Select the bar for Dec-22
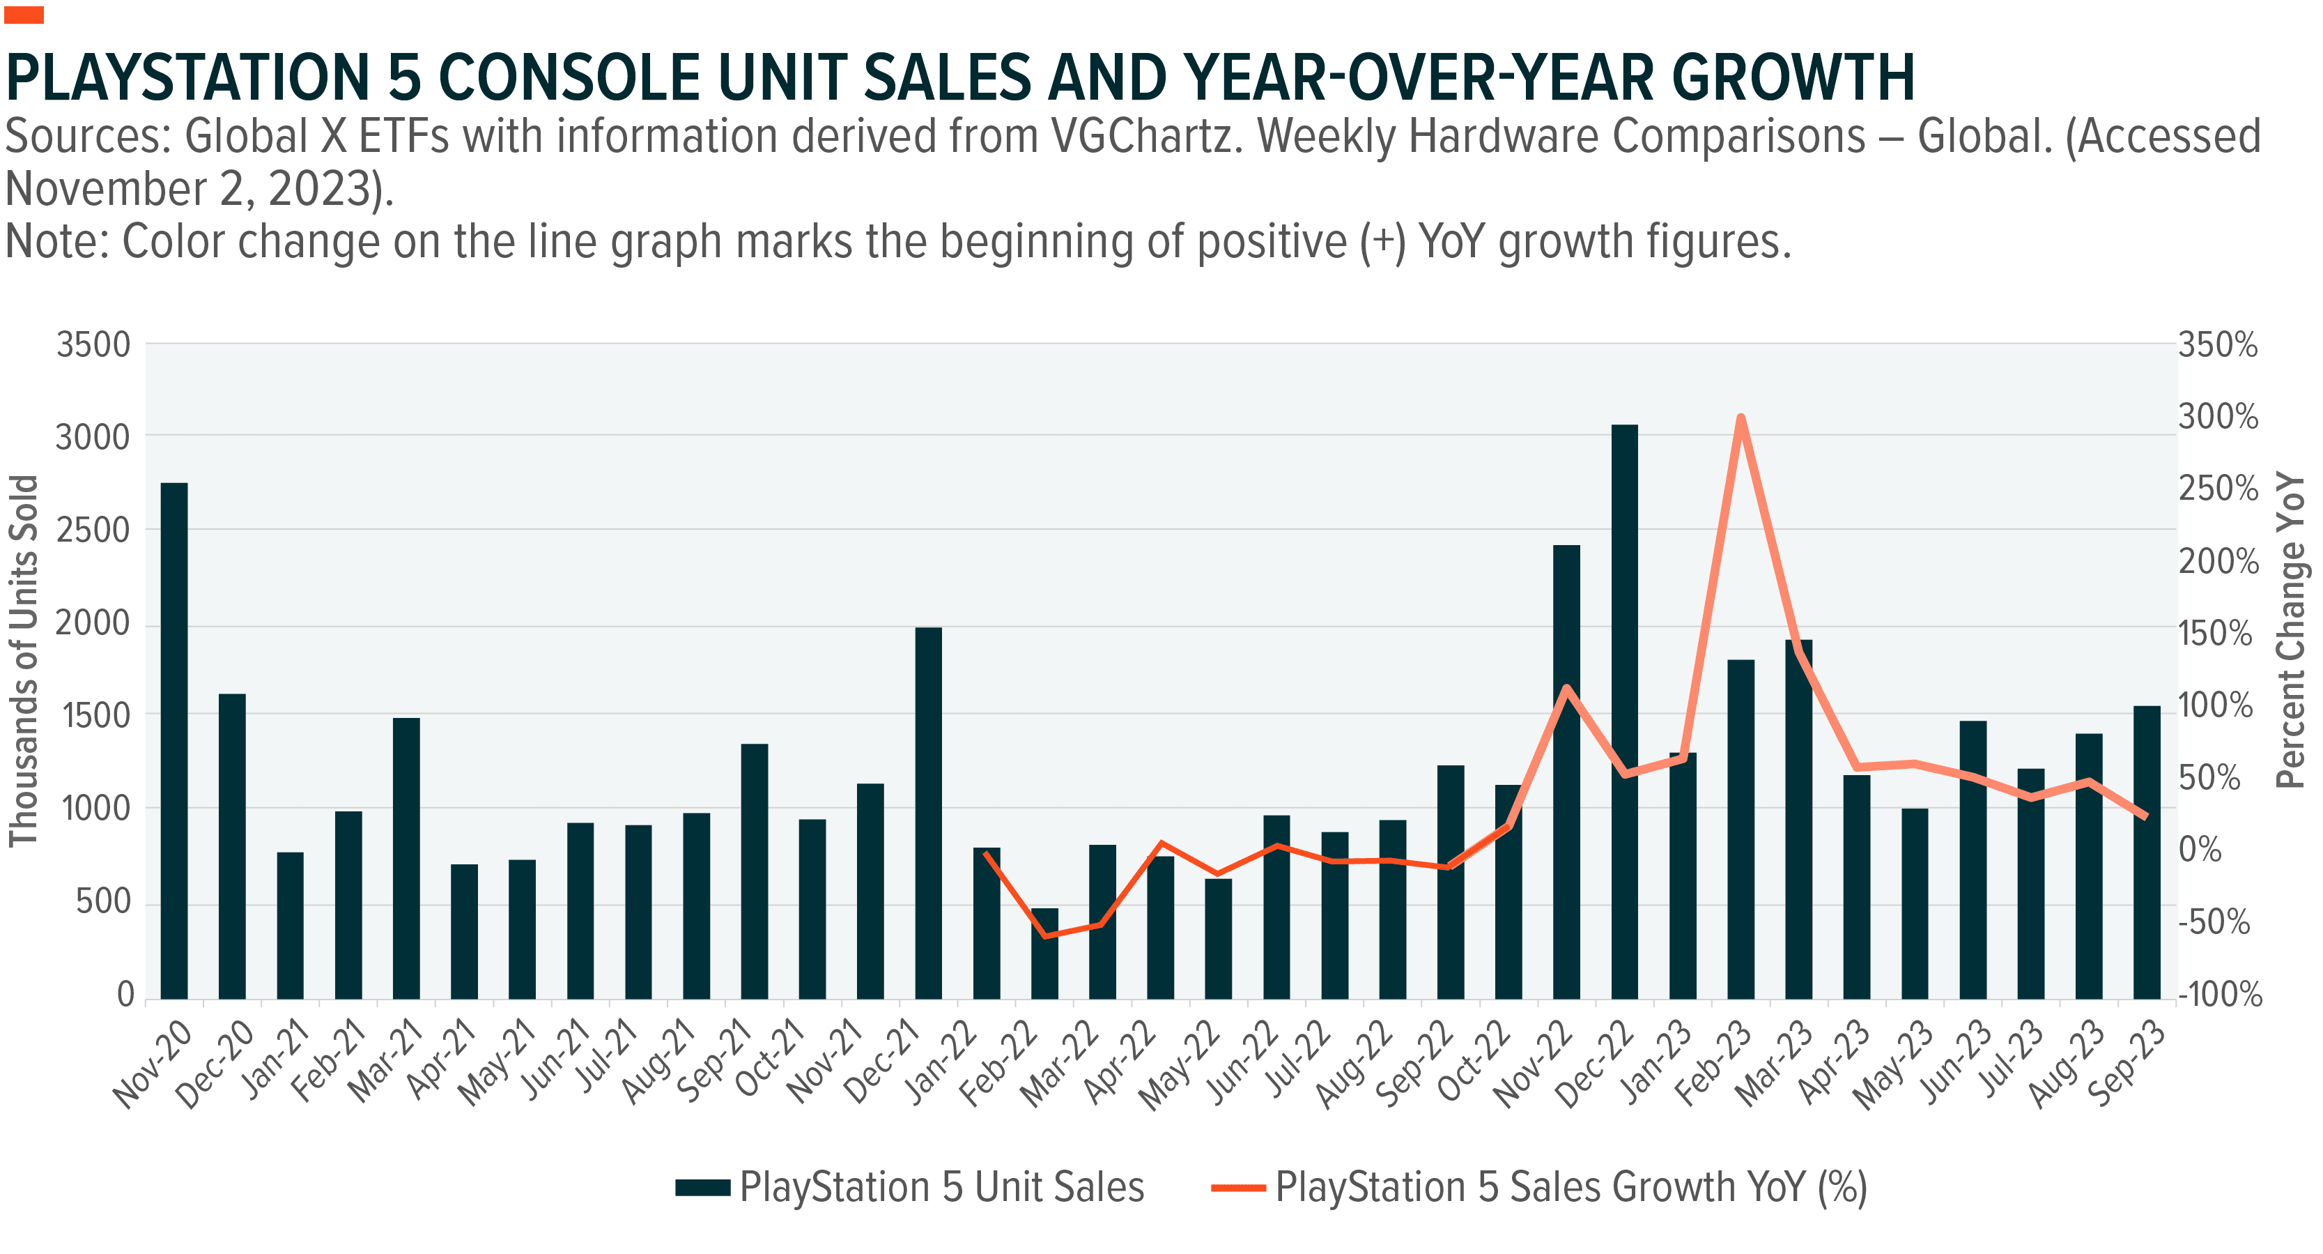(1624, 712)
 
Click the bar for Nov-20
(174, 740)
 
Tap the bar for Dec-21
(928, 812)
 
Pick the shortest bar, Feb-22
(1044, 954)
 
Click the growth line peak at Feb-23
(1741, 418)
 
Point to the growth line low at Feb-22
(1045, 935)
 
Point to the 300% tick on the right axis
(2218, 417)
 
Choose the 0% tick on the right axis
(2200, 850)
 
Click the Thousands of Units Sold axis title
(24, 660)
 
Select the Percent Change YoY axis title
(2290, 629)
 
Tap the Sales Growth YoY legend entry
(1569, 1187)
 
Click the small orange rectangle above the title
(24, 15)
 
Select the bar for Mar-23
(1798, 819)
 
